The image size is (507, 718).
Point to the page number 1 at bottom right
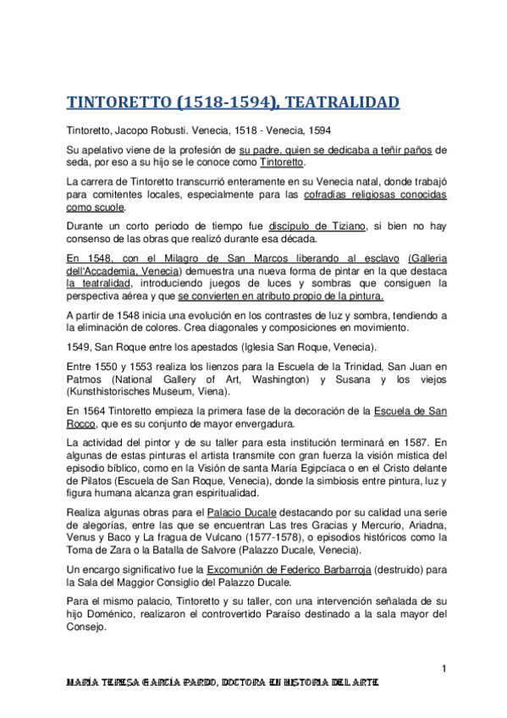(443, 670)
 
